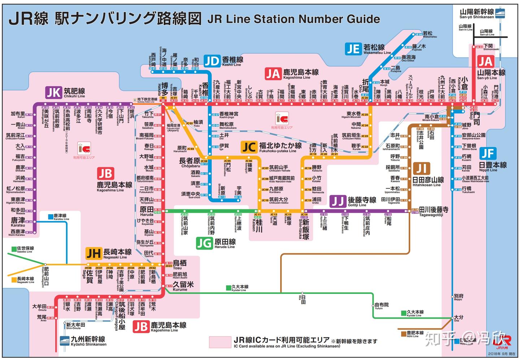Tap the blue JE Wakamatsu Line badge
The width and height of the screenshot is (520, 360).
[x=353, y=49]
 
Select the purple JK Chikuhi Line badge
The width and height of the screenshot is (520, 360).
[x=53, y=92]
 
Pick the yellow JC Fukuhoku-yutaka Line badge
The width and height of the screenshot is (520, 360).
[x=249, y=147]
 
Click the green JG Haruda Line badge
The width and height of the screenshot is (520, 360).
[x=204, y=243]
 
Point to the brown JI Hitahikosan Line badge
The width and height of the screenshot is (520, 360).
[x=421, y=169]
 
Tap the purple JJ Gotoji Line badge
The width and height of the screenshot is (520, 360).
[x=338, y=201]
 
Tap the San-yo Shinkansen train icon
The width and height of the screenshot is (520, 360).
[x=500, y=13]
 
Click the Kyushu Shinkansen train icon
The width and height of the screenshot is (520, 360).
[x=65, y=340]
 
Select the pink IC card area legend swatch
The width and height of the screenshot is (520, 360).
[x=220, y=342]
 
